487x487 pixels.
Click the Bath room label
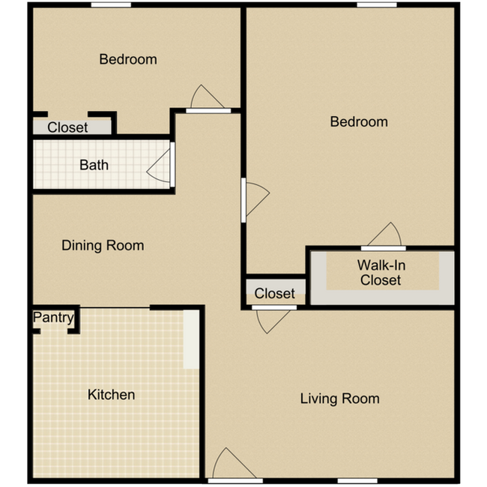94,165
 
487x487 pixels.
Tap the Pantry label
53,318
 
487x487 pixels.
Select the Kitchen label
111,394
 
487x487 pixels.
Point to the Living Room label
339,398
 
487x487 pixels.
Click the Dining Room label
103,245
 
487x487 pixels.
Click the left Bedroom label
128,59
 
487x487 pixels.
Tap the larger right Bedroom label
359,121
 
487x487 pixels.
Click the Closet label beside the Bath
67,127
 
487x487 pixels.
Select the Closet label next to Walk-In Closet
274,294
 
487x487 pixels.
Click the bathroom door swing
160,166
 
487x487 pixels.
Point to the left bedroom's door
206,100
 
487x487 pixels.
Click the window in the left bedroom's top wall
112,4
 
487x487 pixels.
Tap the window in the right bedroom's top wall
377,4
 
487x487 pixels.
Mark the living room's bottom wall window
357,480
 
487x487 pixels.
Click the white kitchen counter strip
191,339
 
